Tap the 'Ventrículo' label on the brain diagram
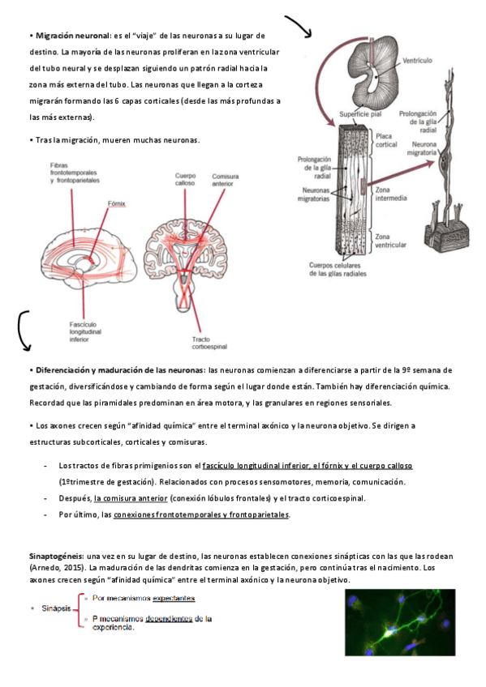pos(417,61)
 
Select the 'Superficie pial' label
pos(360,114)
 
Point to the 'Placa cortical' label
pos(386,140)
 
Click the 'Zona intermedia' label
pos(391,194)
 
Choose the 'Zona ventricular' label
pos(390,241)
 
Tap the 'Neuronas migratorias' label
pos(313,194)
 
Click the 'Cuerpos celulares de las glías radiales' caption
pos(338,270)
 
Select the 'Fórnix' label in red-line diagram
pos(117,203)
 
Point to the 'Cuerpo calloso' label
pos(185,179)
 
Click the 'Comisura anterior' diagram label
pos(226,180)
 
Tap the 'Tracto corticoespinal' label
pos(209,343)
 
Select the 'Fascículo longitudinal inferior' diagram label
pos(85,331)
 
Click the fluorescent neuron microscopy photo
pos(400,622)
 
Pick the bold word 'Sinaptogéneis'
pos(56,557)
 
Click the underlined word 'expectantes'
pos(174,598)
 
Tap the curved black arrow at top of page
pos(299,26)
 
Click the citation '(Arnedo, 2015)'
pos(57,568)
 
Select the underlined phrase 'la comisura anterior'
pos(131,498)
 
